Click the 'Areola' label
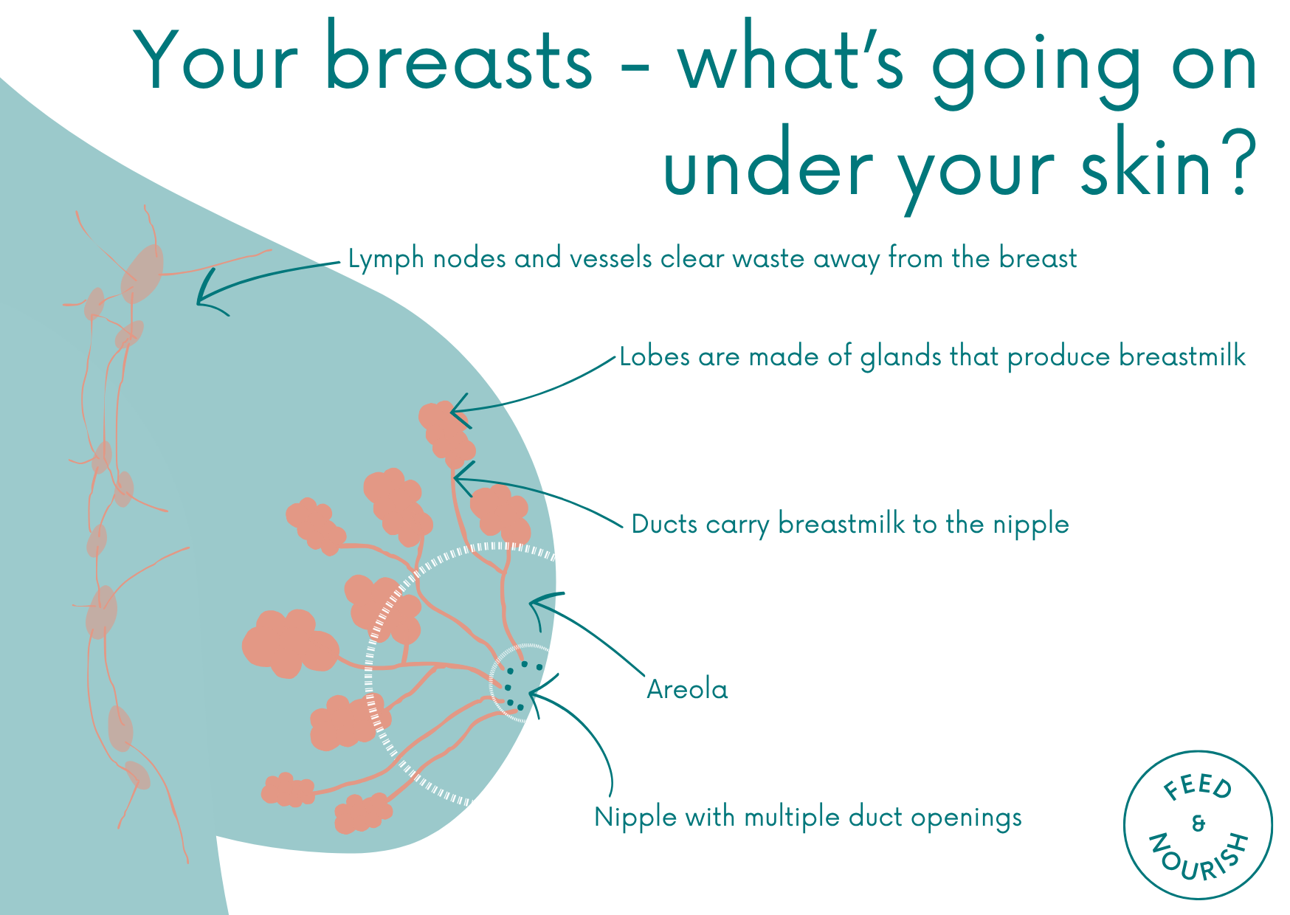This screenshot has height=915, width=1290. [687, 689]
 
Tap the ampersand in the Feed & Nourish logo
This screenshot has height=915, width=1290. [1198, 823]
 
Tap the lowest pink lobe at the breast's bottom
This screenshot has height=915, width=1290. [362, 814]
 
